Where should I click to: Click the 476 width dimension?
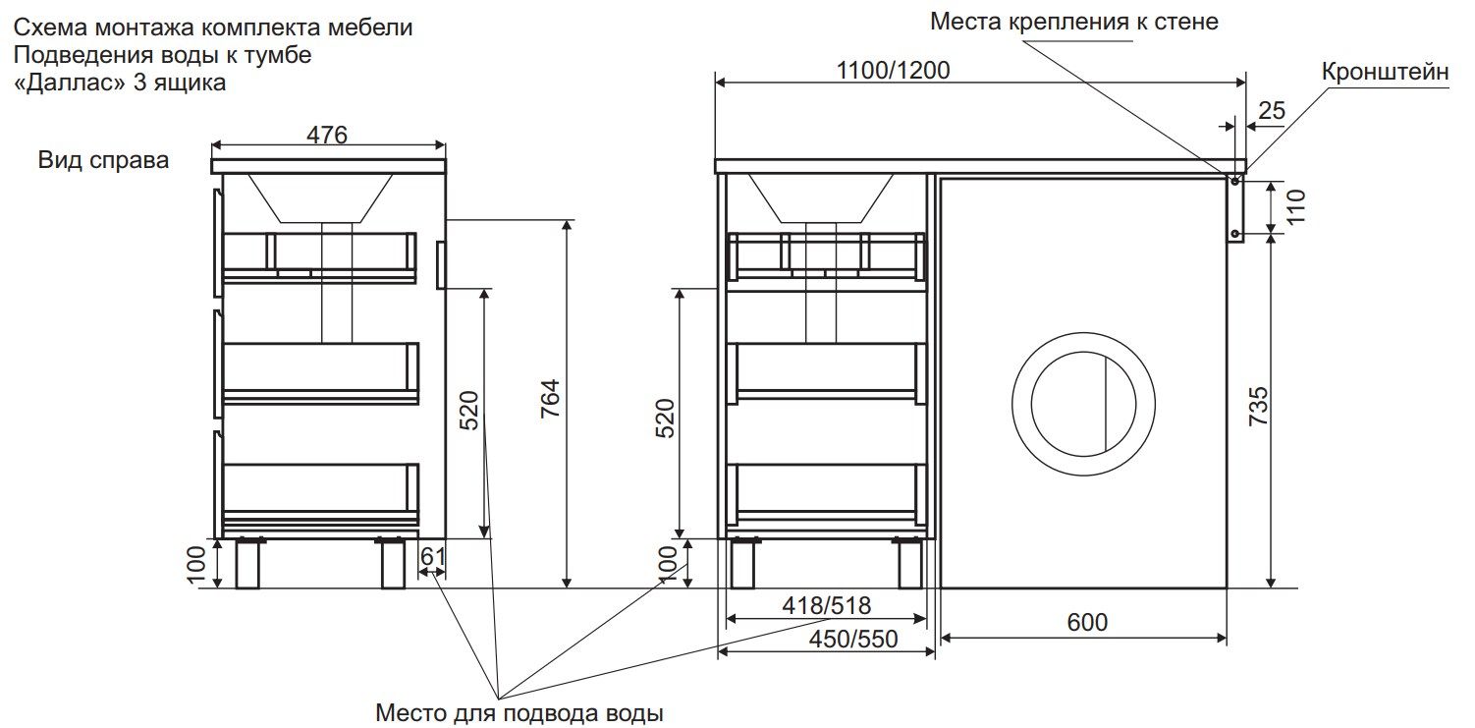click(327, 135)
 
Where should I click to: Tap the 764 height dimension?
click(550, 398)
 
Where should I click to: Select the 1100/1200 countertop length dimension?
click(893, 71)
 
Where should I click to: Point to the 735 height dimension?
click(1258, 406)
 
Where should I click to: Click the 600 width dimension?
click(1087, 622)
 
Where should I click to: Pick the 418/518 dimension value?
click(827, 605)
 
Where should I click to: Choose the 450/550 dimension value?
click(853, 639)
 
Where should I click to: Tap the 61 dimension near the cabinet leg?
click(433, 557)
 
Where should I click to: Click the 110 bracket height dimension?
click(1296, 206)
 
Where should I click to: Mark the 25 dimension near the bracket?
click(1272, 110)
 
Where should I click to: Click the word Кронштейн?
click(1386, 72)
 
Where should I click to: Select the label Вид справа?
click(103, 160)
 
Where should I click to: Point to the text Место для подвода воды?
click(519, 713)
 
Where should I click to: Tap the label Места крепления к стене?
click(1074, 22)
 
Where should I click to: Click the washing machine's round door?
click(1083, 404)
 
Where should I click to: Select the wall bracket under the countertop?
click(1235, 207)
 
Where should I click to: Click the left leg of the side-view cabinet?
click(247, 563)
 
